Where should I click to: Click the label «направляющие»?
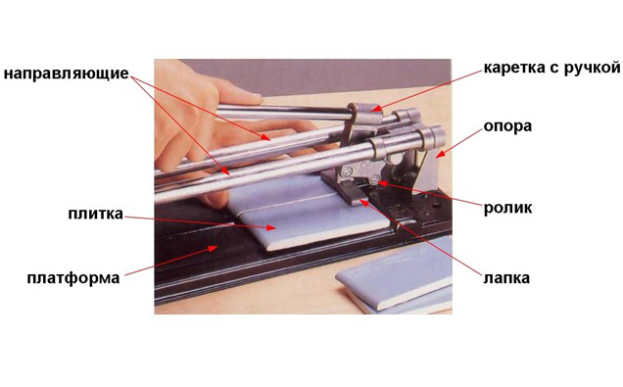point(67,74)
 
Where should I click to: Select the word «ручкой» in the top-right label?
point(592,68)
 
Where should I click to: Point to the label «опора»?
point(507,126)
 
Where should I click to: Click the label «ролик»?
point(507,208)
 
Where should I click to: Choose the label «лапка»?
point(506,277)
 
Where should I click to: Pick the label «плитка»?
point(95,214)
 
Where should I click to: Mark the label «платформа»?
point(73,278)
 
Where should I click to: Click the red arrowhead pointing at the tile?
point(271,227)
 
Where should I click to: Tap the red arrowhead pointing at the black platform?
point(213,248)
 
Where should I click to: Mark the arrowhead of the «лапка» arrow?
point(363,202)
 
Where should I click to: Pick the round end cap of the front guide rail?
point(434,137)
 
